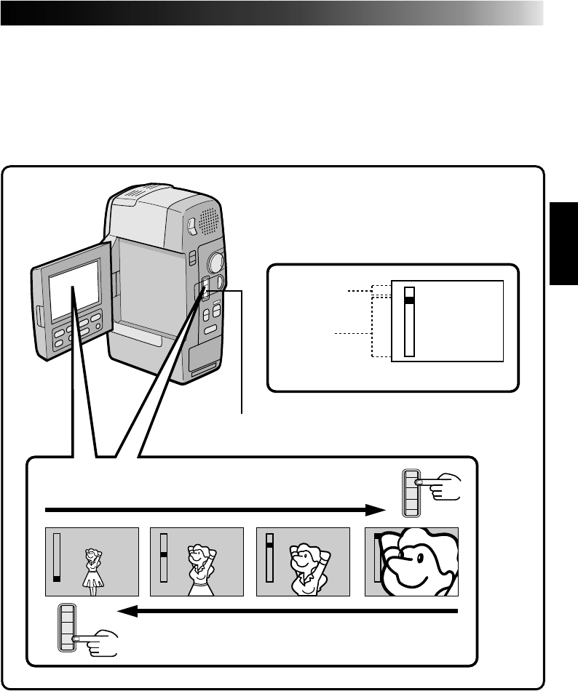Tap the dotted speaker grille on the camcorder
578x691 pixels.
tap(206, 219)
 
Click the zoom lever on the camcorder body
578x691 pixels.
tap(205, 289)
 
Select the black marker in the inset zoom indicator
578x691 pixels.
tap(409, 300)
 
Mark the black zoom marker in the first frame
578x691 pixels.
tap(57, 578)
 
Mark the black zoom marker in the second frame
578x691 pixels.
tap(165, 554)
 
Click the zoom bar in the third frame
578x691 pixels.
tap(269, 558)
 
